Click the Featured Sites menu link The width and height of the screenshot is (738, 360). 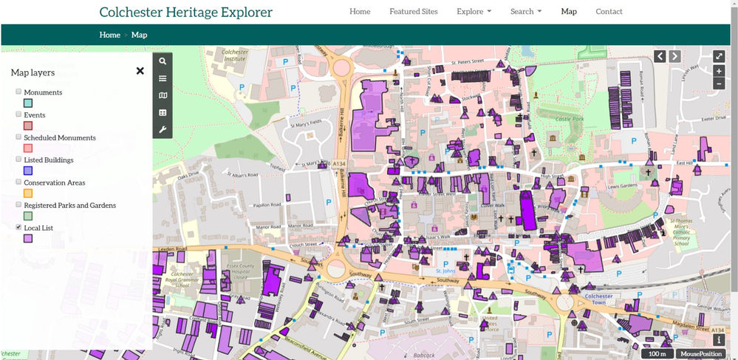tap(413, 12)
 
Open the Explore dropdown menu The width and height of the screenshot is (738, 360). tap(474, 12)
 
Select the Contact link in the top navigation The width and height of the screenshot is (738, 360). tap(609, 12)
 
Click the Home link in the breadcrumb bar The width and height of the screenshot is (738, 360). tap(109, 35)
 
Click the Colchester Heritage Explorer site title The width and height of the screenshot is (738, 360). tap(185, 12)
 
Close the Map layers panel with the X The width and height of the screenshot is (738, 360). tap(140, 71)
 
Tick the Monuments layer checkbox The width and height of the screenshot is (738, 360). tap(18, 92)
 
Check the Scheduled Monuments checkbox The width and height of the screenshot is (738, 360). tap(18, 137)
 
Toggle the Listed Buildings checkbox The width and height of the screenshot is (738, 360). tap(18, 160)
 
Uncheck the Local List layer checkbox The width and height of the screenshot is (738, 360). tap(18, 228)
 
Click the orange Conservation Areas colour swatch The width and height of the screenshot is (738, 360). tap(28, 194)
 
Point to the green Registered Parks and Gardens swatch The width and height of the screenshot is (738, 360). tap(28, 216)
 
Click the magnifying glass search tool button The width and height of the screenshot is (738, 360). tap(163, 61)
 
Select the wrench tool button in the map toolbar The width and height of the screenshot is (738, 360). tap(163, 130)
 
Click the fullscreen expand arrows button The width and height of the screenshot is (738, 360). tap(719, 56)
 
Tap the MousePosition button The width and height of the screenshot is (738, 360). tap(701, 354)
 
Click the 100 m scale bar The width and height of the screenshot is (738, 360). tap(657, 354)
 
